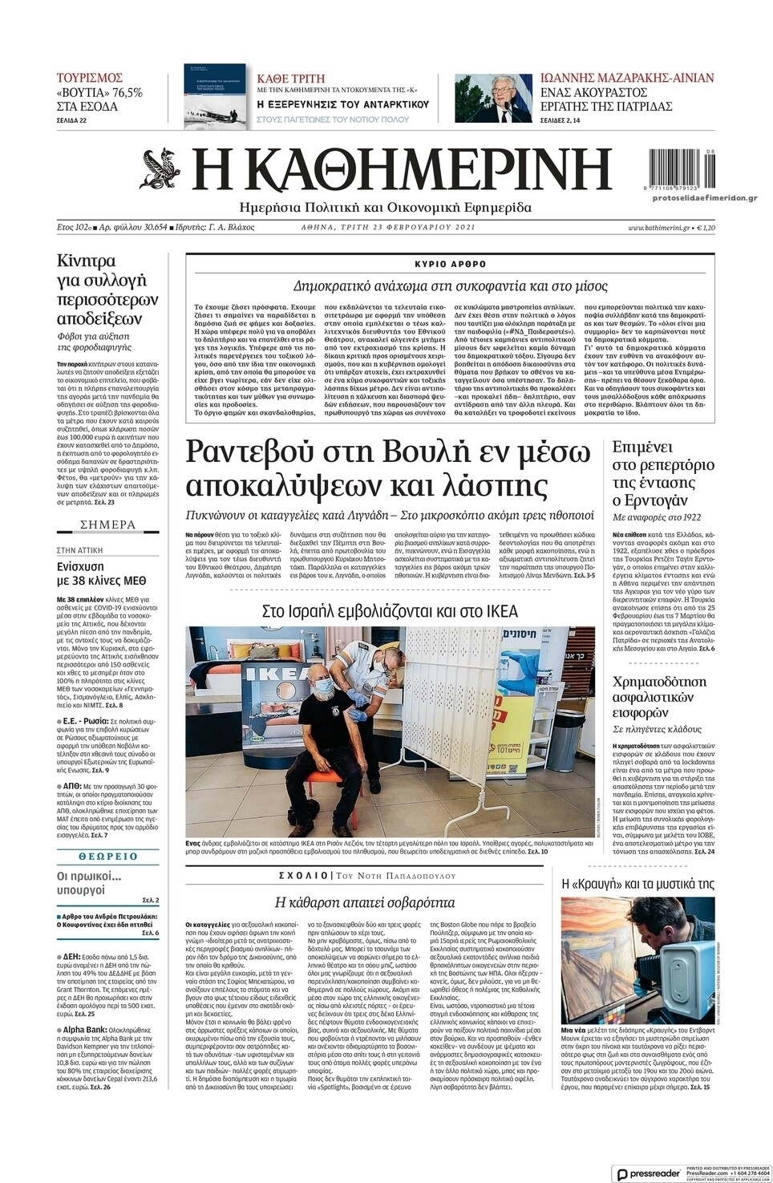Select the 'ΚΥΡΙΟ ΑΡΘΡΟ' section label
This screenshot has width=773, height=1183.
click(450, 264)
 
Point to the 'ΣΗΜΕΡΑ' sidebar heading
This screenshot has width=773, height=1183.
click(107, 525)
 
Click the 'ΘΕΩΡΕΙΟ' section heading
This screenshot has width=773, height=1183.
click(107, 857)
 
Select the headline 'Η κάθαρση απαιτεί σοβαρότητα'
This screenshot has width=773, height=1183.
click(365, 902)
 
